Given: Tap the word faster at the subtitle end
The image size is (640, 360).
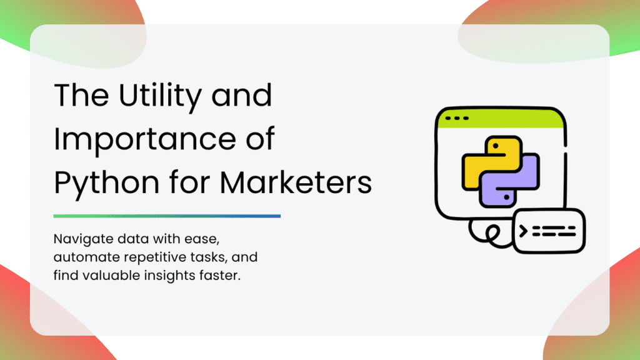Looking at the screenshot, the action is click(220, 276).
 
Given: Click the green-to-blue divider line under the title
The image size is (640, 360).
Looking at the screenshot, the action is click(167, 216).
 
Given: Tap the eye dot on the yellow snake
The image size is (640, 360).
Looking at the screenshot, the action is click(496, 146).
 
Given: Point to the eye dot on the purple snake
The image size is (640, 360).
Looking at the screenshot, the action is click(506, 197).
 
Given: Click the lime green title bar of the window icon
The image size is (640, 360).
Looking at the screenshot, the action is click(501, 119).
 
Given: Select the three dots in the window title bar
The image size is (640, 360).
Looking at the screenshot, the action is click(457, 118).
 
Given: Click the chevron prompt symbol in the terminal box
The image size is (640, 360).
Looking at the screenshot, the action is click(523, 231).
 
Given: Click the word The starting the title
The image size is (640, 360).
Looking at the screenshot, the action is click(82, 96).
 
